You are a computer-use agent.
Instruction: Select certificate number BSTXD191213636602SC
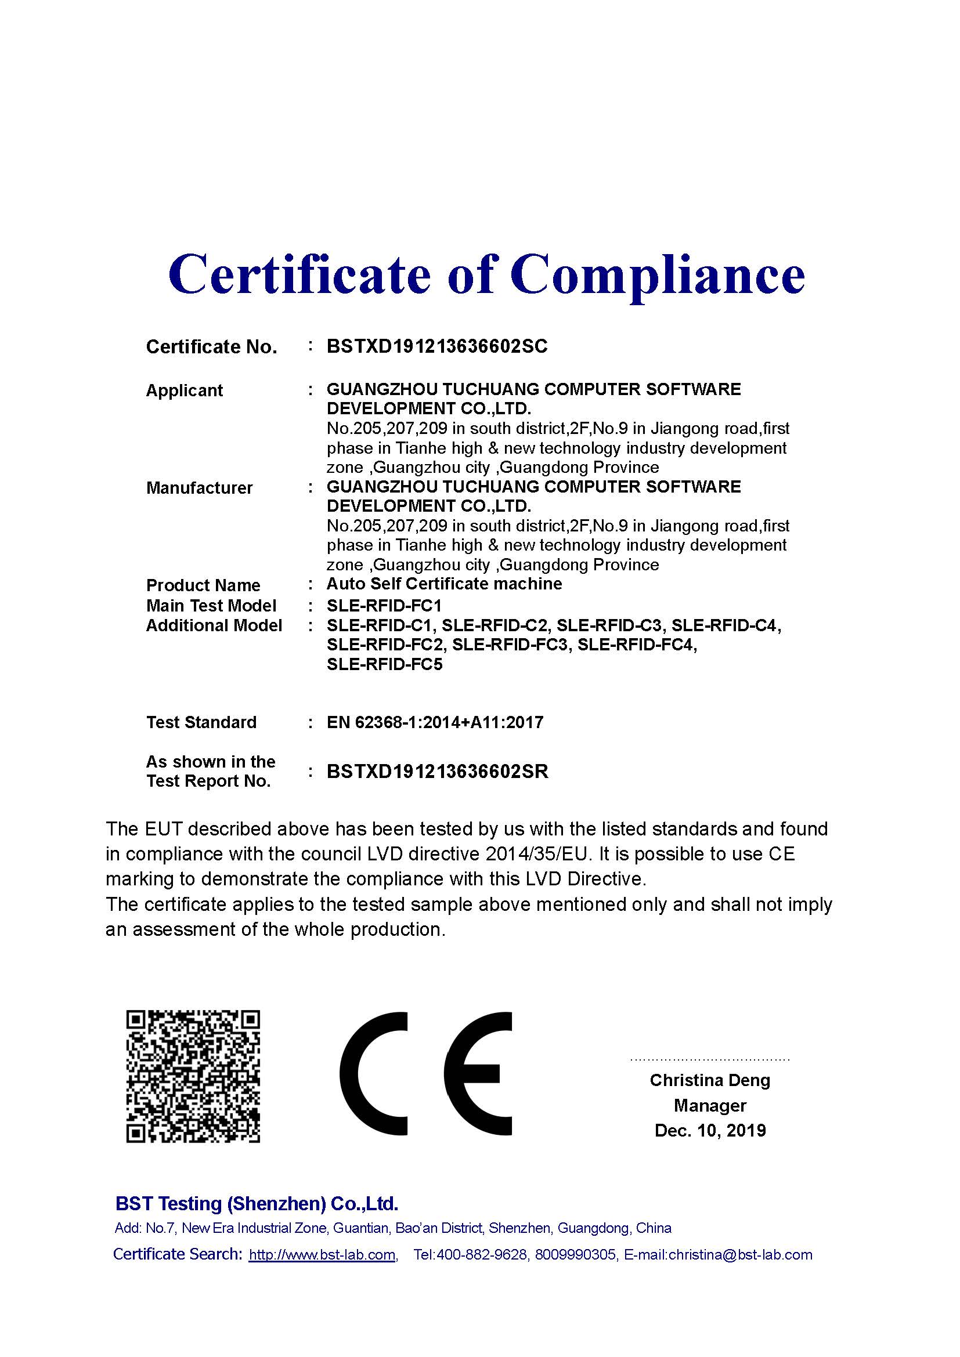pyautogui.click(x=437, y=346)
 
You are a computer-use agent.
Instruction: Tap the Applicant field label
pyautogui.click(x=184, y=390)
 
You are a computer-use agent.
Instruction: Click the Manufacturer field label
pyautogui.click(x=199, y=488)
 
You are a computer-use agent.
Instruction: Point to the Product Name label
pyautogui.click(x=203, y=585)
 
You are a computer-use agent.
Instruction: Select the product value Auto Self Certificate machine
pyautogui.click(x=444, y=584)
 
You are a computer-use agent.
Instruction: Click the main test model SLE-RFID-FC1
pyautogui.click(x=384, y=606)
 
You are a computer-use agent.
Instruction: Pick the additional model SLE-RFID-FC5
pyautogui.click(x=384, y=664)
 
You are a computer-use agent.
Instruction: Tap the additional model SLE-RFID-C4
pyautogui.click(x=726, y=625)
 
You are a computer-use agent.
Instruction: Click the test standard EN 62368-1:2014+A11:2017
pyautogui.click(x=435, y=722)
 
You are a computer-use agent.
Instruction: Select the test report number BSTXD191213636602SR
pyautogui.click(x=438, y=772)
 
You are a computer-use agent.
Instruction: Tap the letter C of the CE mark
pyautogui.click(x=374, y=1074)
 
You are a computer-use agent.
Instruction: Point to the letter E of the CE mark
pyautogui.click(x=478, y=1074)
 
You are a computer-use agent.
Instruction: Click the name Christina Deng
pyautogui.click(x=710, y=1080)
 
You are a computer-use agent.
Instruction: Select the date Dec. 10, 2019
pyautogui.click(x=710, y=1131)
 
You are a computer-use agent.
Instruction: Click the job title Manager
pyautogui.click(x=710, y=1105)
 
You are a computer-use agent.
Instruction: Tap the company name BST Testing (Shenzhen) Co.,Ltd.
pyautogui.click(x=257, y=1203)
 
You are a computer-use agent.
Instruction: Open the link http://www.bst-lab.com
pyautogui.click(x=322, y=1255)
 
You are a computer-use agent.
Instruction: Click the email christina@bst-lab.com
pyautogui.click(x=740, y=1255)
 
